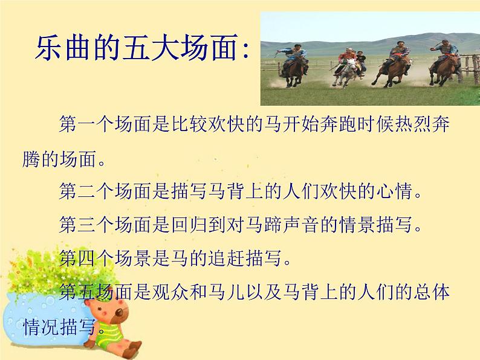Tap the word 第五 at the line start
coord(76,292)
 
